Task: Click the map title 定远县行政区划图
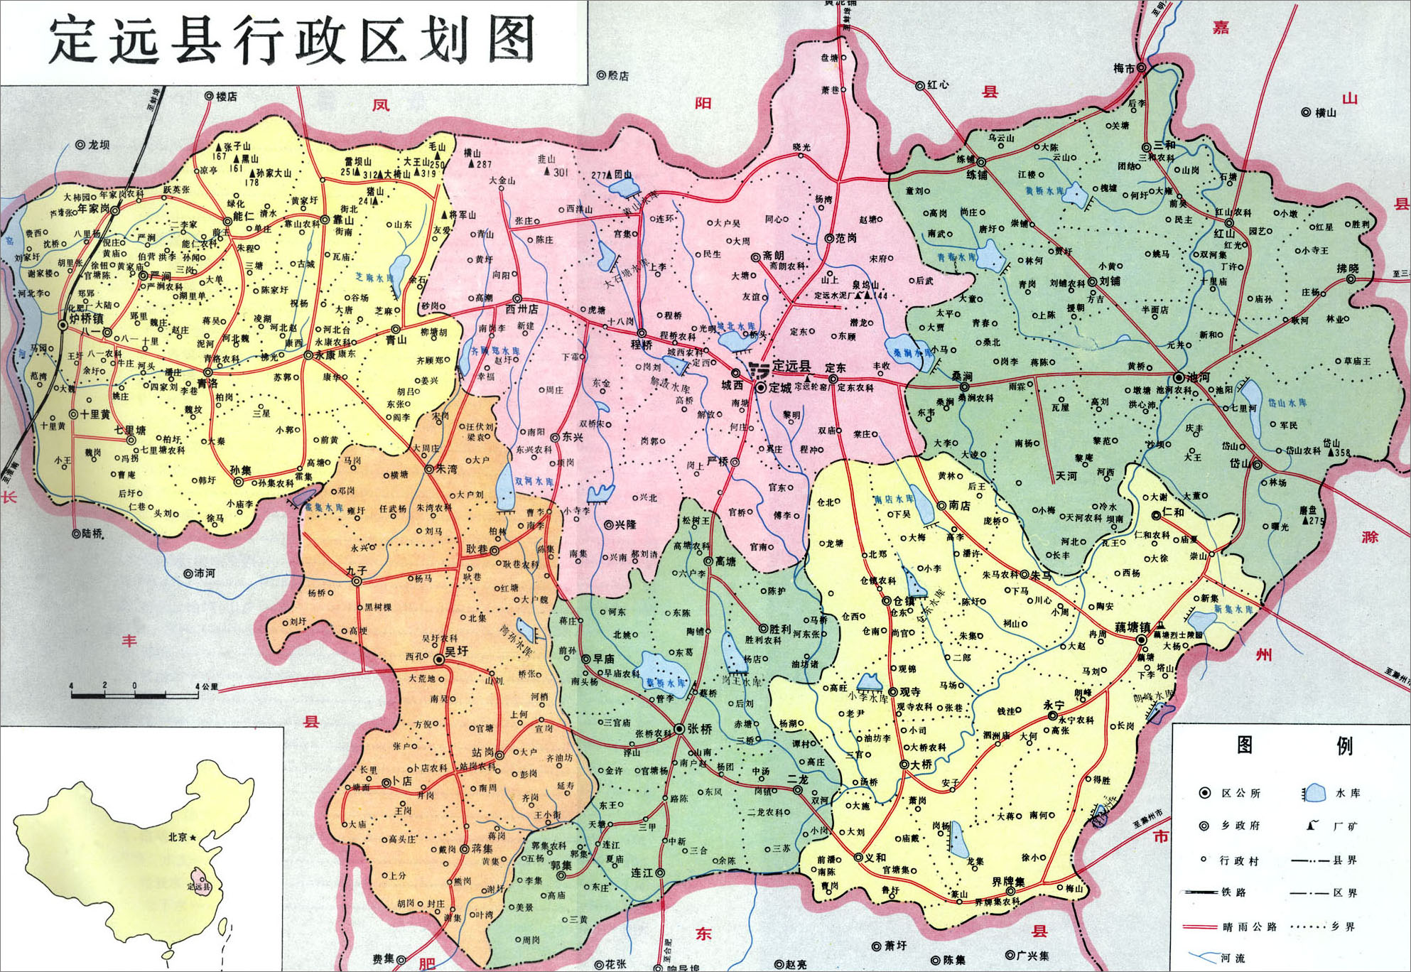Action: click(292, 40)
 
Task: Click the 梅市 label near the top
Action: click(1124, 68)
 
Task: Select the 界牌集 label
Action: click(1008, 882)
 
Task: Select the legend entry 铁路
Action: click(1233, 892)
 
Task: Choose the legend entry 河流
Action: click(1233, 958)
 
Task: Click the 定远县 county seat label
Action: click(791, 366)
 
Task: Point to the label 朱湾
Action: click(446, 469)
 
